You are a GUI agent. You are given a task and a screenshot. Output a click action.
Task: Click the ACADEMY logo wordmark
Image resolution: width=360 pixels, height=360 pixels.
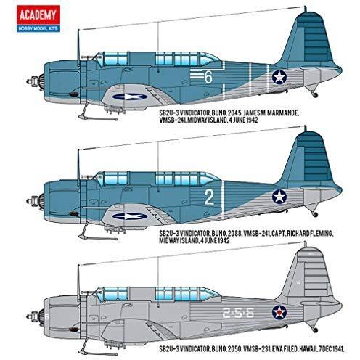point(38,15)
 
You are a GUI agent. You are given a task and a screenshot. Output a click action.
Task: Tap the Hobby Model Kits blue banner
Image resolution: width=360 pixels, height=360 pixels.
point(38,28)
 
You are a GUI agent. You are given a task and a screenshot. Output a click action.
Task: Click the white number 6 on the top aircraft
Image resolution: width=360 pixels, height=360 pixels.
point(208,78)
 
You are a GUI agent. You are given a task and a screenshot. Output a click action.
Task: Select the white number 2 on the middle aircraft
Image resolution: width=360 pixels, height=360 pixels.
point(209,197)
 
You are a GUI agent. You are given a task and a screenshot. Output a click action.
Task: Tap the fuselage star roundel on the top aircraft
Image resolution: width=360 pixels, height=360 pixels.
point(279,77)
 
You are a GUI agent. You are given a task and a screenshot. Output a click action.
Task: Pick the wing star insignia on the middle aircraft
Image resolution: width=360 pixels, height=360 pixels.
point(130,216)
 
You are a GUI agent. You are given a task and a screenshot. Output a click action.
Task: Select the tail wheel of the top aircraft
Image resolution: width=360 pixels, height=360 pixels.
point(315,95)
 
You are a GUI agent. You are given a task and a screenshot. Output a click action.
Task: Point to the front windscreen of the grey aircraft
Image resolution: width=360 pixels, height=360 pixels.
point(99,295)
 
